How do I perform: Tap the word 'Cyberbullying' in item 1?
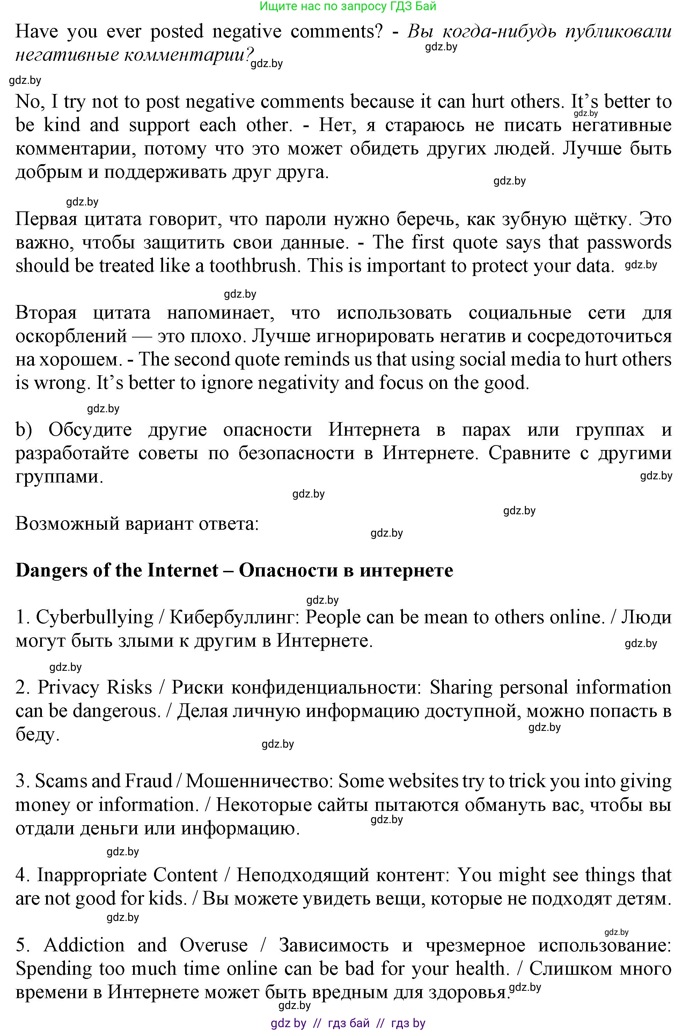pos(94,618)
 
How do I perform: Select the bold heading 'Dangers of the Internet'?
pos(117,571)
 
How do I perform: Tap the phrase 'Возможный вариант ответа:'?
pos(137,524)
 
